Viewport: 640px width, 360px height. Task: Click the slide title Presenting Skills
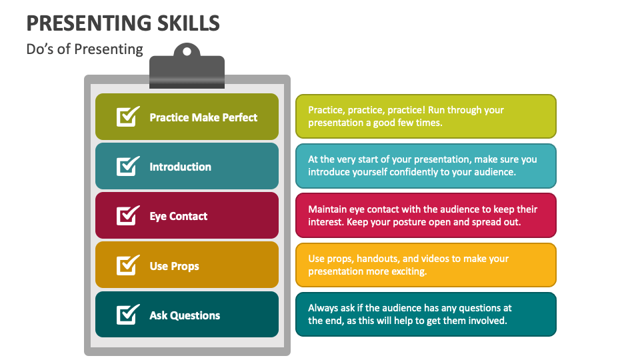(123, 23)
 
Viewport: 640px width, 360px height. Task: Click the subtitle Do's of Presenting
(85, 49)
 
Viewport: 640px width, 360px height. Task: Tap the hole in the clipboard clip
(187, 51)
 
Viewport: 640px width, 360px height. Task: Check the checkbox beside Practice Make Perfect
(127, 117)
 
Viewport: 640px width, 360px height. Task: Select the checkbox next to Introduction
(127, 166)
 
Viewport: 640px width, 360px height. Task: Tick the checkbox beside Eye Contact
(127, 215)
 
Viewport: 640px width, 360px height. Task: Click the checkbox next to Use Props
(127, 265)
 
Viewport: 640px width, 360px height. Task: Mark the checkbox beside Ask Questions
(127, 315)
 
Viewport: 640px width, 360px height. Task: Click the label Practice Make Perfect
(203, 117)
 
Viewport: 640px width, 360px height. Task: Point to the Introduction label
(180, 167)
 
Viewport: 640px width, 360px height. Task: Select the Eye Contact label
(178, 216)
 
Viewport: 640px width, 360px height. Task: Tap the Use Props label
(174, 266)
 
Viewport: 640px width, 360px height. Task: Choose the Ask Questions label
(185, 315)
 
